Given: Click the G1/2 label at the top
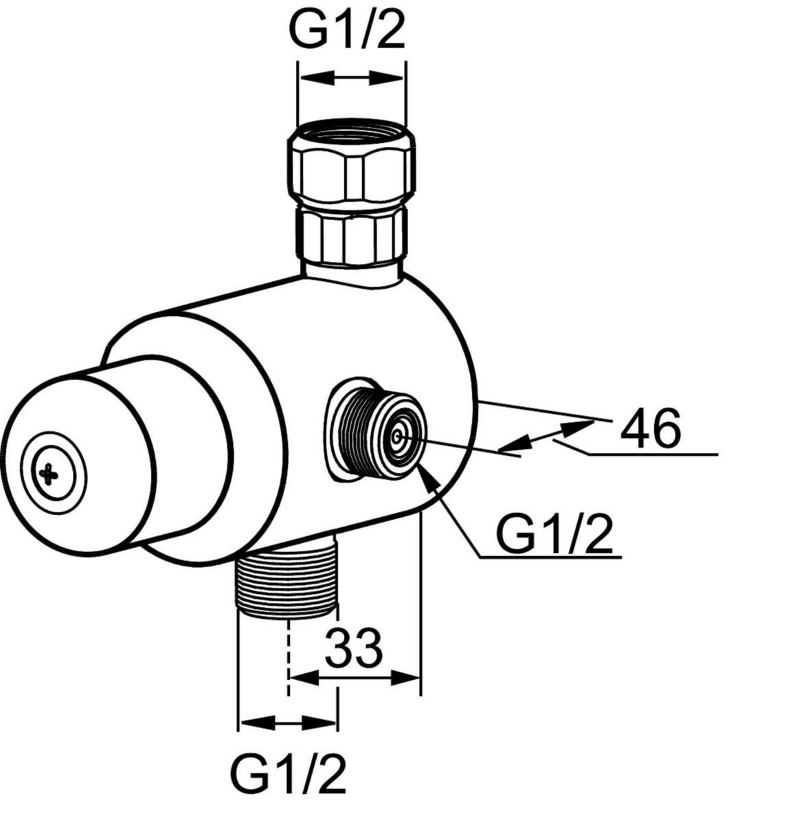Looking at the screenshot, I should [x=347, y=30].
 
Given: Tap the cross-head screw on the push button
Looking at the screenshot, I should [x=49, y=473].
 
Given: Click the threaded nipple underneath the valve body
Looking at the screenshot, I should [x=287, y=581].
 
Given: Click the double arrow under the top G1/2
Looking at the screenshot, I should [x=351, y=78].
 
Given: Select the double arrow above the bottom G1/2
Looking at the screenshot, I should [x=288, y=723].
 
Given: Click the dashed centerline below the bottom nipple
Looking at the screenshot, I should [x=289, y=653].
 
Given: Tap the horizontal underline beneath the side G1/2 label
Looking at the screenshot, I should [x=550, y=557].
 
